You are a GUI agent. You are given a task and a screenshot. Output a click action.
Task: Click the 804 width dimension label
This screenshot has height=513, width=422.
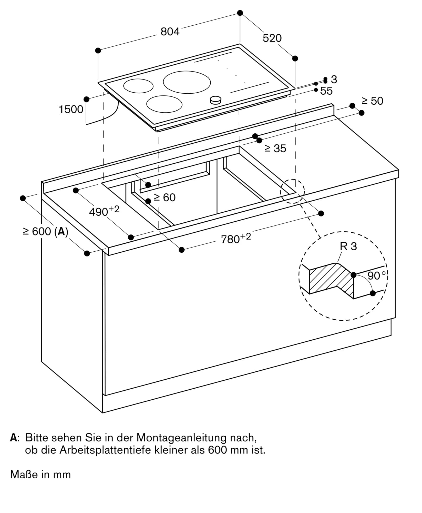[170, 32]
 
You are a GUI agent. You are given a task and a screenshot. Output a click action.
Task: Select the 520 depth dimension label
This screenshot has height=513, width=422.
[272, 38]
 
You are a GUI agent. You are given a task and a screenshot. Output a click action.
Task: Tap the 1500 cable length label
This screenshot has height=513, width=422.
[71, 110]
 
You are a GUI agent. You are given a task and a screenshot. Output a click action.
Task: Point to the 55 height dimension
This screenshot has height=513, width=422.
[326, 91]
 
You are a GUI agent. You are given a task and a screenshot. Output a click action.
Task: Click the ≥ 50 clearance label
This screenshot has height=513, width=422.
[372, 101]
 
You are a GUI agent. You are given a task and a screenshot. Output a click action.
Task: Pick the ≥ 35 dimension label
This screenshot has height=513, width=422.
[275, 149]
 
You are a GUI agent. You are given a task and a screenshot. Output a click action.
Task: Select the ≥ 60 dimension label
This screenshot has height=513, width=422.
[164, 198]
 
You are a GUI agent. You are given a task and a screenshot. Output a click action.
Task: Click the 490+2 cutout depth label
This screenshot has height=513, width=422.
[104, 211]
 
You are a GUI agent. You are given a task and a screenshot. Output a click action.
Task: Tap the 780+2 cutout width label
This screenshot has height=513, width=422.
[236, 238]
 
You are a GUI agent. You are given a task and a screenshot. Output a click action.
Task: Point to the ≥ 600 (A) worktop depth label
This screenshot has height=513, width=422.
[46, 232]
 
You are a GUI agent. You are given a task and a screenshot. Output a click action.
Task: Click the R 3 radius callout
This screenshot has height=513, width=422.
[348, 246]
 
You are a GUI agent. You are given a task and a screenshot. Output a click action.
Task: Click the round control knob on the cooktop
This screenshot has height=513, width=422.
[215, 100]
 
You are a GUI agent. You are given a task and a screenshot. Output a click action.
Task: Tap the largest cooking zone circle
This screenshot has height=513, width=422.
[187, 82]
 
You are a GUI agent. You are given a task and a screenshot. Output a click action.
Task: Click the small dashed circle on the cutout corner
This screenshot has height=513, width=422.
[292, 191]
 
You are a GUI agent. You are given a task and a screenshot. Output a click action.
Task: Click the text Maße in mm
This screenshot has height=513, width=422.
[40, 475]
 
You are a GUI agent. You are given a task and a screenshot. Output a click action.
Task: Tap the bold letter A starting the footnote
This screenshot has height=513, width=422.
[13, 438]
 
